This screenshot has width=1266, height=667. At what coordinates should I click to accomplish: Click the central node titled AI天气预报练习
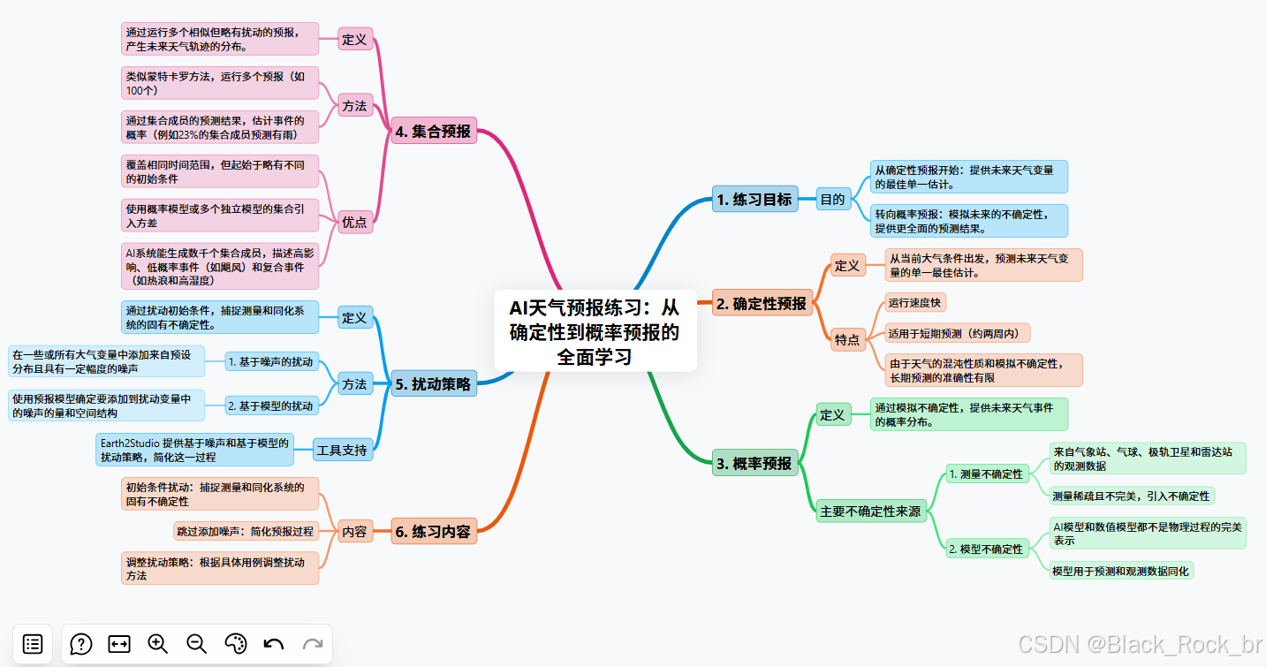pos(595,331)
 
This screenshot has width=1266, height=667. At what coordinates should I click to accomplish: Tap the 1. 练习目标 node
pos(754,199)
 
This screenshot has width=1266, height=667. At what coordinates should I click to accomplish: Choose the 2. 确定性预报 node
pos(761,304)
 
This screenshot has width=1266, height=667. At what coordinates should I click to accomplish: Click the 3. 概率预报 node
pos(754,463)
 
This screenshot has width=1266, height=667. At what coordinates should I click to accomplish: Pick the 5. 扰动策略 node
pos(433,384)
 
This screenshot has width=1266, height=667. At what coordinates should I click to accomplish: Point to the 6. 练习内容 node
pos(433,532)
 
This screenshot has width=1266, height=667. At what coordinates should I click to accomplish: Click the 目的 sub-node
pos(832,199)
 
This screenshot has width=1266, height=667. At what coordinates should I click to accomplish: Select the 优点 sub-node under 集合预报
pos(354,222)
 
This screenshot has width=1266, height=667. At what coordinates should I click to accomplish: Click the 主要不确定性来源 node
pos(870,511)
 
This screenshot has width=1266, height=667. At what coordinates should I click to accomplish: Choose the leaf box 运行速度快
pos(914,302)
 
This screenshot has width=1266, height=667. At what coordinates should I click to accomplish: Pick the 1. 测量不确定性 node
pos(985,474)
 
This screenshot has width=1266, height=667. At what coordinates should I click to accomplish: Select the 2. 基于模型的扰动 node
pos(270,406)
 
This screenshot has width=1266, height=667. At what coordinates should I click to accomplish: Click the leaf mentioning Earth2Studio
pos(193,450)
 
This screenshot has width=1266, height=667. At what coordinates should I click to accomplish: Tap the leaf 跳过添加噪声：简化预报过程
pos(246,531)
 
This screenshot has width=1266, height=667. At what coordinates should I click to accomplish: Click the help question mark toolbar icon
pos(81,644)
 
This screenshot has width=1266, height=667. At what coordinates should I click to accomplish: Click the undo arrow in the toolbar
pos(274,644)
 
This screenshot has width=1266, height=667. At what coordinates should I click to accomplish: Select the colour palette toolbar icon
pos(235,644)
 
